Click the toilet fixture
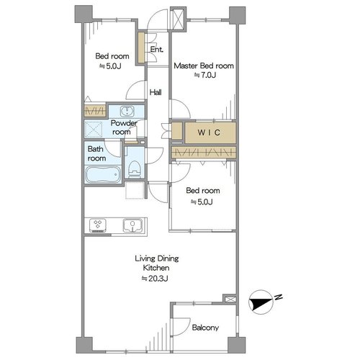point(134,168)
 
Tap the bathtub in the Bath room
point(103,174)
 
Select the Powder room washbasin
point(127,111)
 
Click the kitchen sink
point(132,225)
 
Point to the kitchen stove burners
point(98,225)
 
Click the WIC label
point(209,132)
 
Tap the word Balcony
point(205,328)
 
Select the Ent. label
point(157,50)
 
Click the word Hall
point(156,92)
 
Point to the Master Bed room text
point(204,66)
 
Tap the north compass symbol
point(261,302)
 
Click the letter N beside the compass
point(278,297)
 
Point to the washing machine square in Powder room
point(93,129)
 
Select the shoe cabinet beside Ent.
point(141,48)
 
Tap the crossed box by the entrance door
point(179,18)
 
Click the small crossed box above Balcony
point(230,299)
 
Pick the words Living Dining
point(157,258)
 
